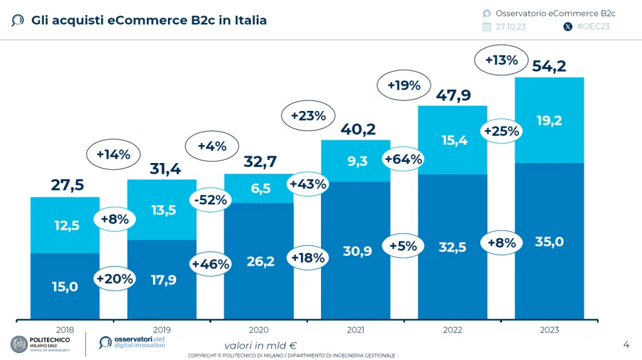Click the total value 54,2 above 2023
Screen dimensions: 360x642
[x=549, y=65]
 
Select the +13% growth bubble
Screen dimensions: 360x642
[x=502, y=60]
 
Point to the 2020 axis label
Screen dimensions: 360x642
[x=258, y=330]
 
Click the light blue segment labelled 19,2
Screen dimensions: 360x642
[x=549, y=120]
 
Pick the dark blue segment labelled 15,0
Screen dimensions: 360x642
[x=65, y=287]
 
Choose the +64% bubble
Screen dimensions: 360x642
[x=403, y=159]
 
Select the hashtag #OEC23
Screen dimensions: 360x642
[x=593, y=26]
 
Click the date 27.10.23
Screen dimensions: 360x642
[x=512, y=26]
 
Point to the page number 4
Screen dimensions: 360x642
[x=626, y=344]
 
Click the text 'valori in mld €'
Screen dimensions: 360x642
[x=260, y=345]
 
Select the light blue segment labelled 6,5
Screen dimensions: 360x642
[x=258, y=188]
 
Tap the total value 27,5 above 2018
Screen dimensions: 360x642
[x=66, y=185]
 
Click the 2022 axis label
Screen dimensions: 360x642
[x=452, y=330]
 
